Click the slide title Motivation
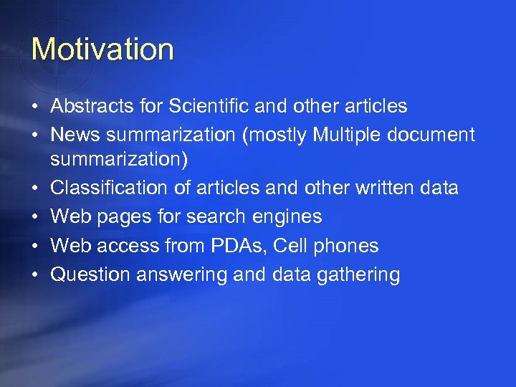point(102,49)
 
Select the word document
point(440,135)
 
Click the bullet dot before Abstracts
point(34,107)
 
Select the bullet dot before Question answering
point(34,274)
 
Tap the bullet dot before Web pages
point(34,217)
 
